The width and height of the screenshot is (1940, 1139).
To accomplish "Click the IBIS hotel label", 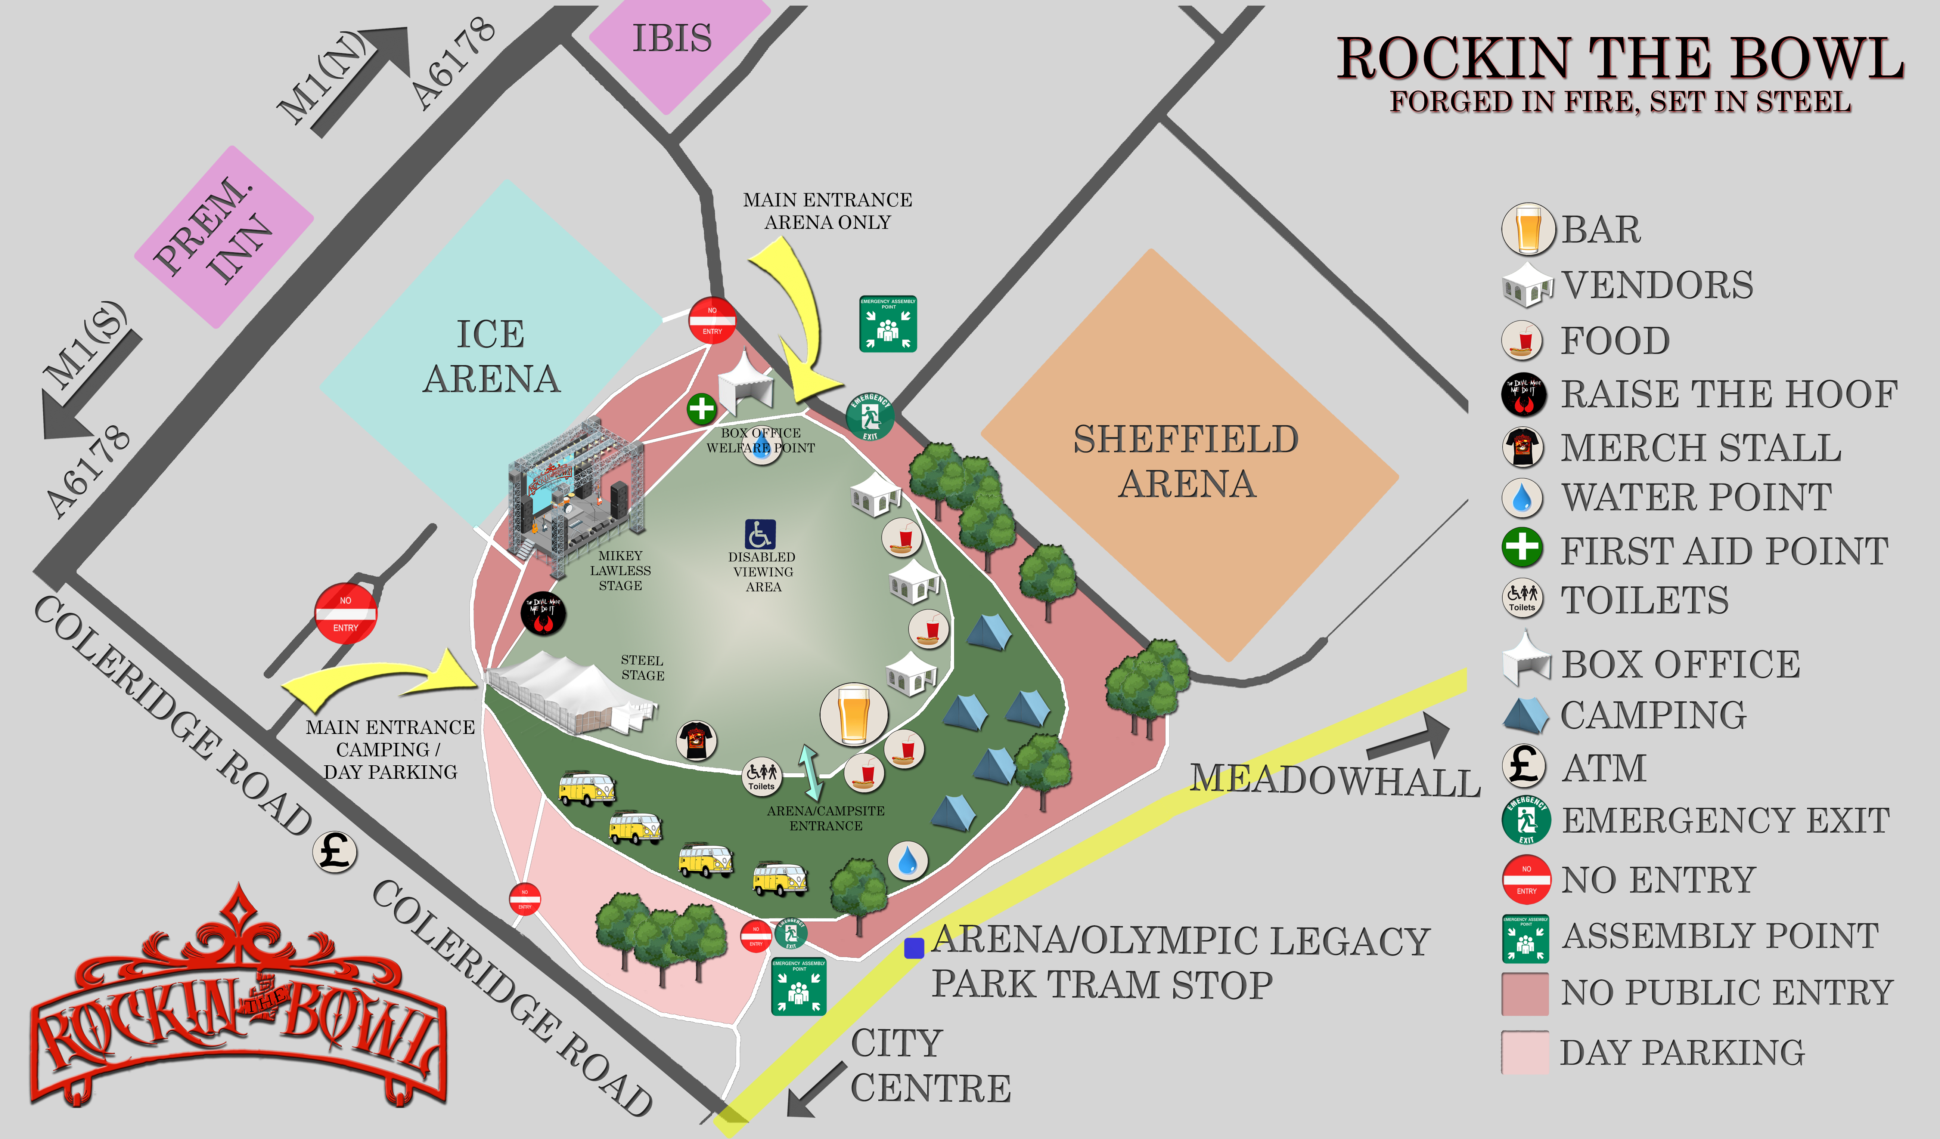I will [672, 38].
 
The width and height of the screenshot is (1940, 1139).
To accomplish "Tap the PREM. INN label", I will [213, 231].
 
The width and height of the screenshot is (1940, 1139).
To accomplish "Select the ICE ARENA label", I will [491, 356].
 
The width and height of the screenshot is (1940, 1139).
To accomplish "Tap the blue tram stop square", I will [914, 948].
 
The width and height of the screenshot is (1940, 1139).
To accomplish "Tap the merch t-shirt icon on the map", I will [697, 741].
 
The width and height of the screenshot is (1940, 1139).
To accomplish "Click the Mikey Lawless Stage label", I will [621, 571].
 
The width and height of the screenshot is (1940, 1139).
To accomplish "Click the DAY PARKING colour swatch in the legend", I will [1524, 1052].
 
